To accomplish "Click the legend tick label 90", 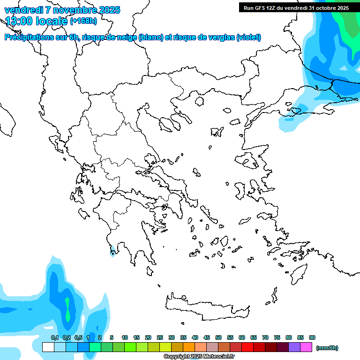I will [312, 337].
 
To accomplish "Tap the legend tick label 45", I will [207, 337].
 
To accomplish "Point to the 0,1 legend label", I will [55, 337].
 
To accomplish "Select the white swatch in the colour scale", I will [48, 347].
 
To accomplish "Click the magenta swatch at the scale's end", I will [307, 347].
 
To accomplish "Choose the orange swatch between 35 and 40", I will [189, 347].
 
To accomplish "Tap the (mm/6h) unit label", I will [327, 348].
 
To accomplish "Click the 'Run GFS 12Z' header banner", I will [296, 8].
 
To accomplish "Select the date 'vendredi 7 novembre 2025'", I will [62, 10].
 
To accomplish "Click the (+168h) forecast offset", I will [83, 21].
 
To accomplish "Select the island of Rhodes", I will [298, 273].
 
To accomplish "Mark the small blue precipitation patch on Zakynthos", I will [112, 253].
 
